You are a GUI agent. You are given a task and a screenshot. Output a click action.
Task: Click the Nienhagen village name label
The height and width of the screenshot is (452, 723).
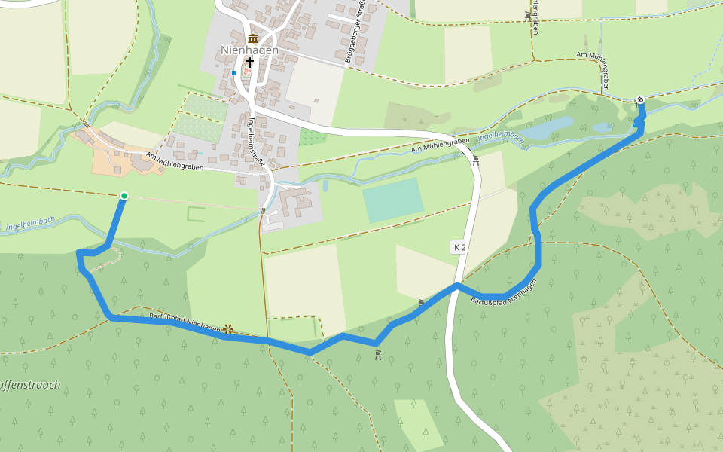click(x=249, y=50)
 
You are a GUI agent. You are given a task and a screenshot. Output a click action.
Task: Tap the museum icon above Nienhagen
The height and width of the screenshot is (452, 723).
click(x=252, y=38)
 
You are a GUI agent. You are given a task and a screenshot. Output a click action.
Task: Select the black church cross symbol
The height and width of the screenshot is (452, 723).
click(x=249, y=63)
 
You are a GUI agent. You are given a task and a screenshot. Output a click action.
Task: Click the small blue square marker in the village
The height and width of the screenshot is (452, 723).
click(x=234, y=73)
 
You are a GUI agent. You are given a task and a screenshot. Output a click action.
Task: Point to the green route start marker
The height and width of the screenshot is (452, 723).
click(x=124, y=197)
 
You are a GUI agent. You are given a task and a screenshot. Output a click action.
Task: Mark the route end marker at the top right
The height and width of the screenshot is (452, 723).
click(x=639, y=99)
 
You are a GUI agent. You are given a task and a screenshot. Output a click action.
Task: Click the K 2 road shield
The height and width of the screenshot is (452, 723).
click(x=460, y=247)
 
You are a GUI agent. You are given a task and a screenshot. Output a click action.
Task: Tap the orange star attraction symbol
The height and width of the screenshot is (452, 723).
click(x=228, y=328)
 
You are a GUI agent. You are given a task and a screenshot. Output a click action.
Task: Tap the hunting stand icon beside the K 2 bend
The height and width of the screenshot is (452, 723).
click(x=476, y=160)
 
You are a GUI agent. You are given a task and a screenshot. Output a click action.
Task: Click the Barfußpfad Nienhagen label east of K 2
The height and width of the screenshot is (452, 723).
click(x=503, y=292)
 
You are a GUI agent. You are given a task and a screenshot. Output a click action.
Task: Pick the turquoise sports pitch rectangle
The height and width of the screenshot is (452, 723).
click(x=392, y=199)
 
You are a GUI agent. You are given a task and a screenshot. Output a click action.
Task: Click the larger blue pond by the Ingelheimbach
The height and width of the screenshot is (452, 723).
click(x=548, y=129)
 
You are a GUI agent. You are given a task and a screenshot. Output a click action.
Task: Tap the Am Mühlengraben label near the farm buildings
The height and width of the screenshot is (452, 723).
click(x=175, y=162)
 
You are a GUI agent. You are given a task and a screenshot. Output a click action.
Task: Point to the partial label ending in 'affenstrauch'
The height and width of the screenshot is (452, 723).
click(x=30, y=386)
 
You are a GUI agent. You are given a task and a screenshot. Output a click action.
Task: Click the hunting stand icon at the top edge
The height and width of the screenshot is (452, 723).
click(x=527, y=14)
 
